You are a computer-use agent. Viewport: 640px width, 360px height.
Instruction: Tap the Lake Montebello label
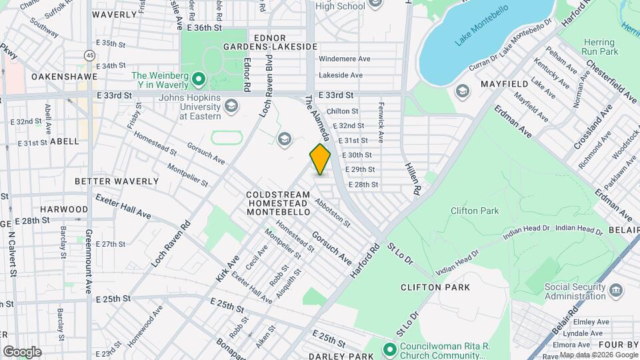[x=481, y=27]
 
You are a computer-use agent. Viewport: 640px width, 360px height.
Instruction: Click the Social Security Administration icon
[x=616, y=291]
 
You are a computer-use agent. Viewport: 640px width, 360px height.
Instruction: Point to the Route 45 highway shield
[x=89, y=55]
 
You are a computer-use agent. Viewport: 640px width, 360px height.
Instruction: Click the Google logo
[x=22, y=351]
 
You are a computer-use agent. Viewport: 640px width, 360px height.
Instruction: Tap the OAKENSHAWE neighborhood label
[x=63, y=77]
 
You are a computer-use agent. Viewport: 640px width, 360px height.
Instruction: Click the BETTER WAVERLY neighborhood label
[x=117, y=181]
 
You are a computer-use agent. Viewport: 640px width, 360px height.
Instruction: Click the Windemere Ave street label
[x=344, y=59]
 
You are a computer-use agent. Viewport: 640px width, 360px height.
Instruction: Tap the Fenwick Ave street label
[x=381, y=127]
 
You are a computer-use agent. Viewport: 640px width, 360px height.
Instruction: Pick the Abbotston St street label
[x=333, y=213]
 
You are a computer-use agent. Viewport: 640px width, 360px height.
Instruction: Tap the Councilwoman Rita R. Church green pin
[x=389, y=349]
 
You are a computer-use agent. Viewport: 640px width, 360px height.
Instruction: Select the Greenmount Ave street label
[x=88, y=261]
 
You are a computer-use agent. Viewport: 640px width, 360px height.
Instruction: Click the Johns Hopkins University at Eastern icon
[x=231, y=105]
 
